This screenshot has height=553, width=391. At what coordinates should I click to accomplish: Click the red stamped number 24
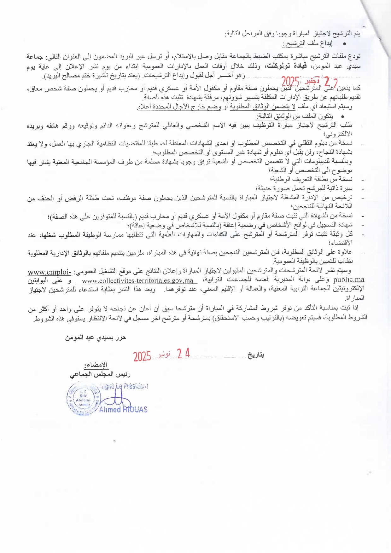click(x=183, y=354)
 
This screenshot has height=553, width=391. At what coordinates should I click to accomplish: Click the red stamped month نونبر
click(x=164, y=354)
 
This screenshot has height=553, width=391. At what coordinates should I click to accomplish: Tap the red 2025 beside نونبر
click(x=142, y=356)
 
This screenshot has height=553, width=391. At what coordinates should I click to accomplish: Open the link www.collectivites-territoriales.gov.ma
click(x=137, y=280)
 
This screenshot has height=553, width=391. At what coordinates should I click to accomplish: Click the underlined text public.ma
click(x=348, y=279)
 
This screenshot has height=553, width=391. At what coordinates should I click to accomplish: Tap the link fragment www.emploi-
click(x=50, y=272)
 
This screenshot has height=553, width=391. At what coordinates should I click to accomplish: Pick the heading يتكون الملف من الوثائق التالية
click(x=295, y=116)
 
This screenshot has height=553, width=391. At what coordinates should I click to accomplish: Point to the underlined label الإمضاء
click(x=96, y=365)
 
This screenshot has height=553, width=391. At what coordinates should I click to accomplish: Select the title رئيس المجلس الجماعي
click(x=100, y=374)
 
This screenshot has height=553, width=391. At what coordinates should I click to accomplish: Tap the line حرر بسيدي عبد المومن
click(x=96, y=338)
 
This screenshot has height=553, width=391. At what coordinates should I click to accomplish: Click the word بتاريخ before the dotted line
click(x=256, y=355)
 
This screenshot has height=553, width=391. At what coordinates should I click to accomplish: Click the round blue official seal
click(x=83, y=400)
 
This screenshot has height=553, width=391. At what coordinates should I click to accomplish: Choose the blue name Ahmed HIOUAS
click(x=123, y=409)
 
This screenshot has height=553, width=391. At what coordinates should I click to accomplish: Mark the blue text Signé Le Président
click(x=124, y=386)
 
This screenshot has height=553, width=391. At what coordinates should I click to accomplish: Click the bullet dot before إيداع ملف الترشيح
click(x=344, y=44)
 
